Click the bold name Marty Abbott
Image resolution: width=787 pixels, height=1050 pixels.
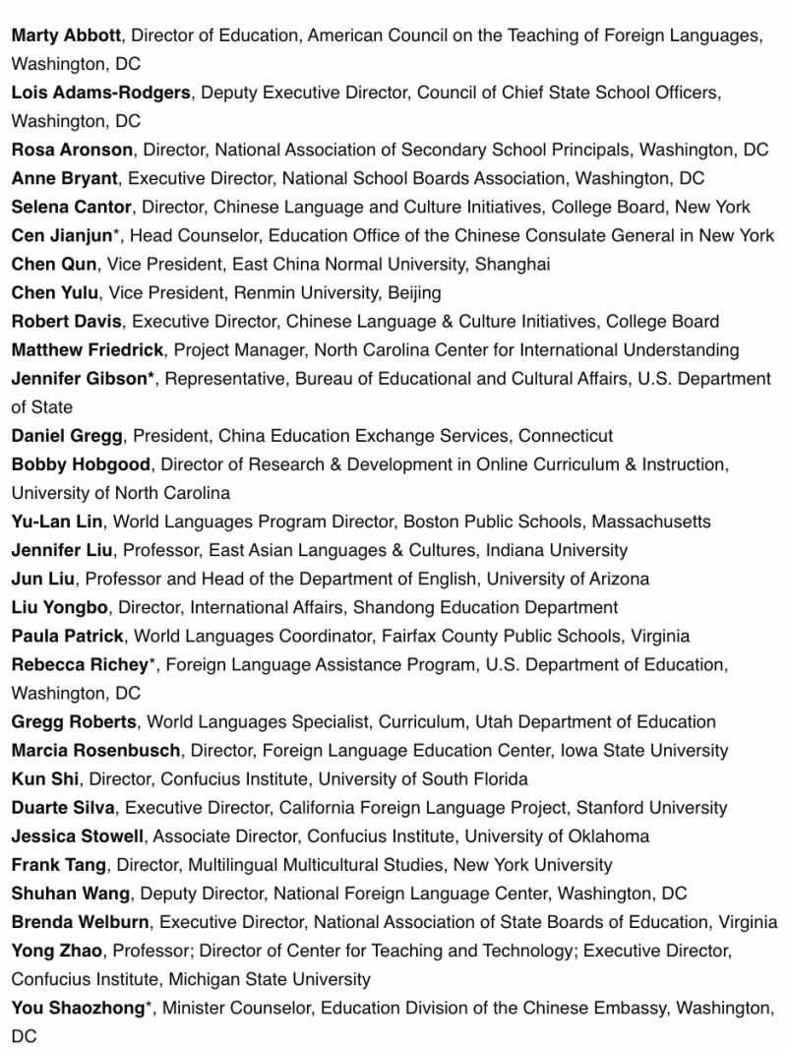coord(66,35)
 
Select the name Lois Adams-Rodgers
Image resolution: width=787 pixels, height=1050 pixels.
coord(100,93)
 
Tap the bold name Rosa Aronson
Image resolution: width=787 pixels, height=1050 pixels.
coord(72,150)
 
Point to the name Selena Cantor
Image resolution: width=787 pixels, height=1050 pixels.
coord(71,207)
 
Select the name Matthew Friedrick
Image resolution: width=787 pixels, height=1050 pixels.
coord(88,349)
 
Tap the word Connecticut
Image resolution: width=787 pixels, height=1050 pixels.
coord(566,435)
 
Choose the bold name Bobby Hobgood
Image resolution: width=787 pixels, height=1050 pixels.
coord(82,463)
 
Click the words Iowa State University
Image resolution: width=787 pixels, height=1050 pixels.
coord(644,750)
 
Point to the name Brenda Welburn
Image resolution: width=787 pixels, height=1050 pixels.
coord(81,922)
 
